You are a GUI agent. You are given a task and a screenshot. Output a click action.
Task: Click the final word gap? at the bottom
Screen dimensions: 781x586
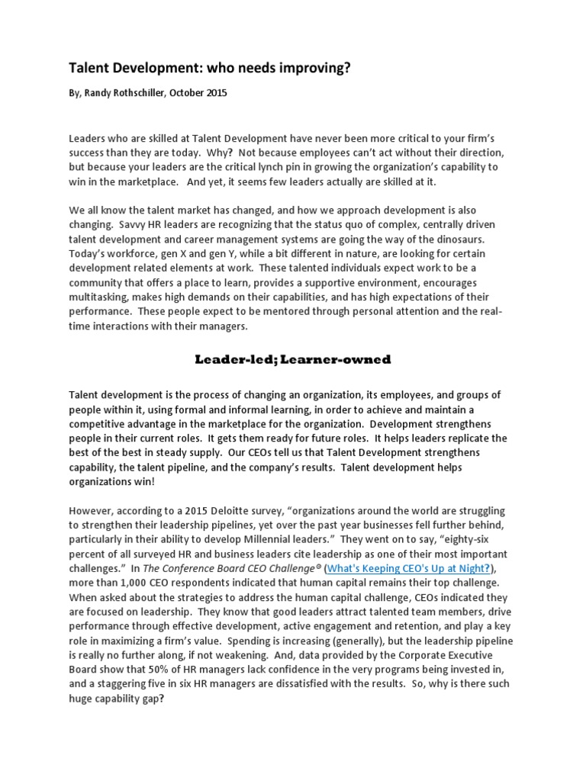153,698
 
